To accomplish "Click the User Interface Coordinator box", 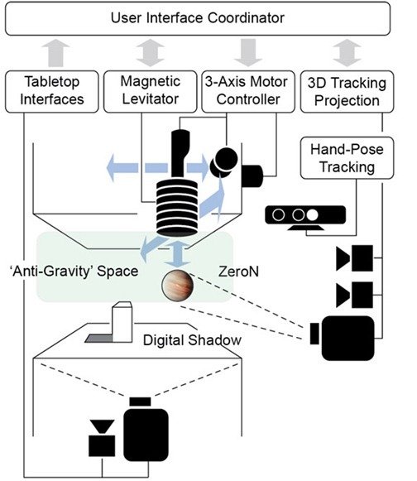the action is point(198,18).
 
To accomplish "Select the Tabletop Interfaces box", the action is point(52,91).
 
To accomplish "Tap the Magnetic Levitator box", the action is point(151,91).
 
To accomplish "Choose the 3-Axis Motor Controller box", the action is point(248,91).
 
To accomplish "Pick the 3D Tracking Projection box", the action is point(347,91).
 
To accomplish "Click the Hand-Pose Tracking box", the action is point(347,158).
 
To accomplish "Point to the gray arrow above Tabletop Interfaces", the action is point(55,52).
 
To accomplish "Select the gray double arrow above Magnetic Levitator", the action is point(151,52).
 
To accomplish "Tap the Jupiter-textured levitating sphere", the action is point(178,286).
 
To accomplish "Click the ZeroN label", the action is point(238,272).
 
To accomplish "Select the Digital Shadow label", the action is point(192,340).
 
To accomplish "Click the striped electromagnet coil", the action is point(177,209).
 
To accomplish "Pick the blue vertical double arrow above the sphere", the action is point(177,254).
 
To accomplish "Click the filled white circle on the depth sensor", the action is point(313,215).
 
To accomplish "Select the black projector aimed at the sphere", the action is point(343,338).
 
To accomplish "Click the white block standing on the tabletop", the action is point(122,322).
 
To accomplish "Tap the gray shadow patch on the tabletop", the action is point(98,339).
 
